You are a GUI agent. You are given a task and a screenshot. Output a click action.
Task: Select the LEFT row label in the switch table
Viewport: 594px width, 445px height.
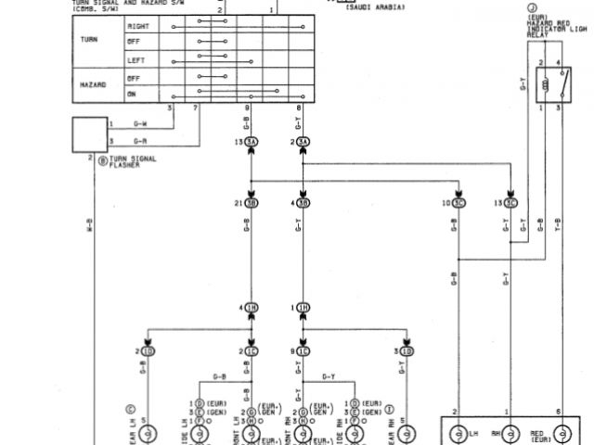[x=136, y=60]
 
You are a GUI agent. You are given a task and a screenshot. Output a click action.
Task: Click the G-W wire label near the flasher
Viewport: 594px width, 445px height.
[x=140, y=124]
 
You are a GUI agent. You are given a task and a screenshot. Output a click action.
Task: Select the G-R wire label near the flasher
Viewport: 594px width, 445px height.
[x=140, y=141]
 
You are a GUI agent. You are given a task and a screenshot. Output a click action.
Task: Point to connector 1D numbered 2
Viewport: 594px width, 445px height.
[x=148, y=351]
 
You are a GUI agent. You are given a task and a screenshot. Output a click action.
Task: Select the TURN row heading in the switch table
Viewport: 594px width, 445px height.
[x=90, y=40]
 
